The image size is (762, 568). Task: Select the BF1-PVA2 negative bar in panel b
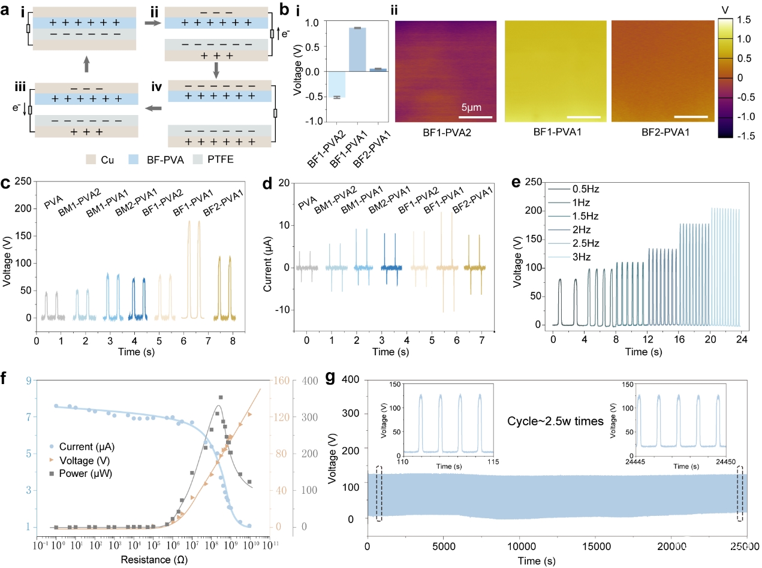pos(337,84)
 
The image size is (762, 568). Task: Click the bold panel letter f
pos(6,379)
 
